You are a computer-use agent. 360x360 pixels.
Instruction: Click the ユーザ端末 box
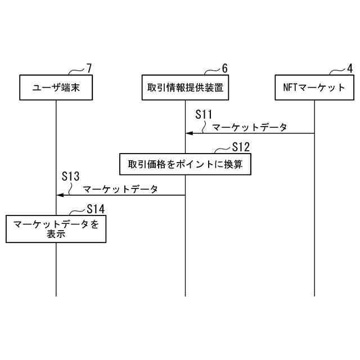pyautogui.click(x=56, y=87)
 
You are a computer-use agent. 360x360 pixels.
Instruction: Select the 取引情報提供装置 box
pyautogui.click(x=185, y=87)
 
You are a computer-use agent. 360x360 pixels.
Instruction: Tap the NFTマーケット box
pyautogui.click(x=314, y=87)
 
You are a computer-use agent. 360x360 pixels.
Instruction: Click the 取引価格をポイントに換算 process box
pyautogui.click(x=185, y=164)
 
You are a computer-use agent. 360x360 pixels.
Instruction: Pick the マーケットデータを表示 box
pyautogui.click(x=56, y=229)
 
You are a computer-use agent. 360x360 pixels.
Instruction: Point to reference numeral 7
pyautogui.click(x=89, y=69)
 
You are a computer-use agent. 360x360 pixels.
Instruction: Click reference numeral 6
pyautogui.click(x=224, y=69)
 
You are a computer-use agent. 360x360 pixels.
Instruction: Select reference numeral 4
pyautogui.click(x=350, y=69)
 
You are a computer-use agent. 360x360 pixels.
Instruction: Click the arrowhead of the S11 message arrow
pyautogui.click(x=190, y=133)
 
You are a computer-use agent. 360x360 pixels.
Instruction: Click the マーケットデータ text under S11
pyautogui.click(x=250, y=127)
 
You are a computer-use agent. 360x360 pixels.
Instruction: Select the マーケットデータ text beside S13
pyautogui.click(x=120, y=189)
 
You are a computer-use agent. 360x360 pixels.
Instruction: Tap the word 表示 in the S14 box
pyautogui.click(x=56, y=235)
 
